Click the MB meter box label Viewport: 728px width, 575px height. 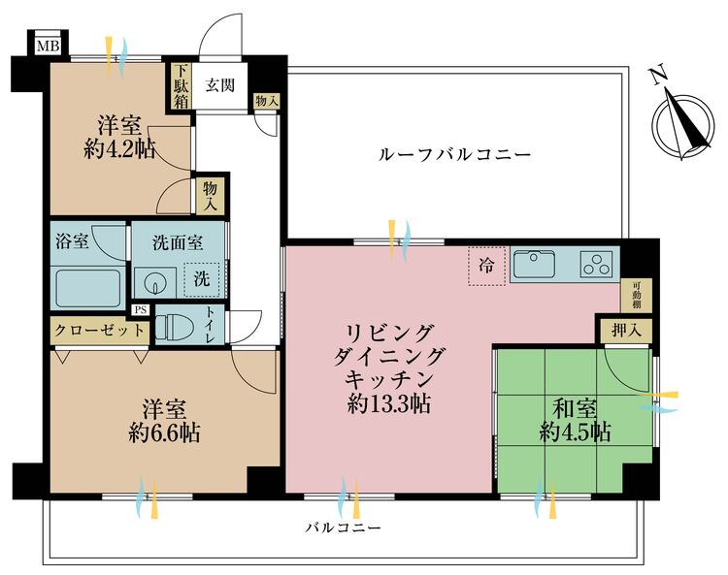coord(49,46)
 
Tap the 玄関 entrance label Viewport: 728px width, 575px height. coord(220,85)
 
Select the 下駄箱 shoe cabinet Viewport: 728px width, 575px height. coord(182,86)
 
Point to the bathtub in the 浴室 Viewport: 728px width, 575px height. coord(87,288)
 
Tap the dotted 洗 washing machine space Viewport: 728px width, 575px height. coord(202,279)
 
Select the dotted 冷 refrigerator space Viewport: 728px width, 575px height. coord(486,267)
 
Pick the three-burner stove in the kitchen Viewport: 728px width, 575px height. coord(597,265)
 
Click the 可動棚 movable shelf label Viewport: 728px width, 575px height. coord(636,296)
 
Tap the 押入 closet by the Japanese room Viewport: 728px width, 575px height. coord(626,331)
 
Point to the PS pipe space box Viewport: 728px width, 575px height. coord(140,309)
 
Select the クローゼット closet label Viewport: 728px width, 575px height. coord(99,331)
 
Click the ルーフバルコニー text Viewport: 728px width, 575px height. coord(455,154)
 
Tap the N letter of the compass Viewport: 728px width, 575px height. coord(658,76)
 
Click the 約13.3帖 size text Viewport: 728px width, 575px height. coord(388,404)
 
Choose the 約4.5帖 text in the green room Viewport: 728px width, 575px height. coord(575,432)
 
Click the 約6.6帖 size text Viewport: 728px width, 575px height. coord(165,432)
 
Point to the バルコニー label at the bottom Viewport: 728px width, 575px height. coord(343,527)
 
